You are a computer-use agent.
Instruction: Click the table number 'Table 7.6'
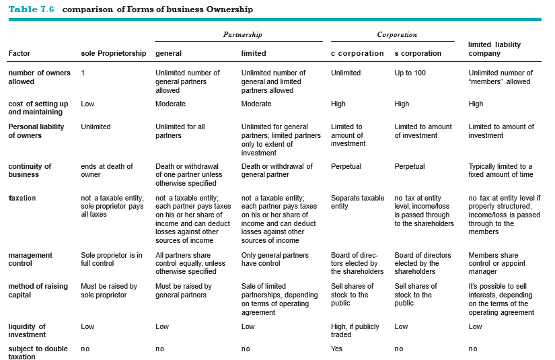pos(31,9)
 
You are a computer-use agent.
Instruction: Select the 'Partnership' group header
pos(242,34)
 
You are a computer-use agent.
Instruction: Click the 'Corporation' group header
pos(397,34)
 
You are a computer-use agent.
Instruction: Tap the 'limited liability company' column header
pos(494,48)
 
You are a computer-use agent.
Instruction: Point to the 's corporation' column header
pos(418,53)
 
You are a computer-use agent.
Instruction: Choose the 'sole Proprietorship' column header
pos(113,53)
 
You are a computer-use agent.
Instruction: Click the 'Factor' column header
pos(20,53)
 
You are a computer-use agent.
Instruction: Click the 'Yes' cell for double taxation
pos(336,349)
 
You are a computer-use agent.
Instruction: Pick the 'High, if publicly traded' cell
pos(356,330)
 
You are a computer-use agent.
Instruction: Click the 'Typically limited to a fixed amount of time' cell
pos(500,170)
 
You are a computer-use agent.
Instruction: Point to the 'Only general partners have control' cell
pos(274,260)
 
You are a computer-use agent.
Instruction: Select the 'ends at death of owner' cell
pos(107,170)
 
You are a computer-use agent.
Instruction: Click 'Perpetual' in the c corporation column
pos(346,166)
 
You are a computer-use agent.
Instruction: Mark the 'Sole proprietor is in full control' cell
pos(112,260)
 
